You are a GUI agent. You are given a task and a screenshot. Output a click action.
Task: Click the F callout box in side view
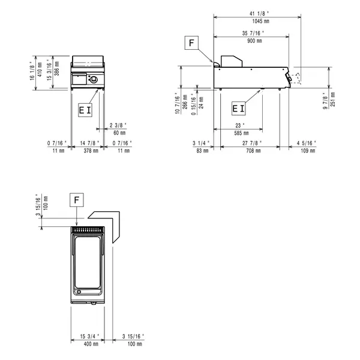pos(191,43)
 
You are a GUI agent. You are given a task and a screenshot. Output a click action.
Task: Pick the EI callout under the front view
pos(85,110)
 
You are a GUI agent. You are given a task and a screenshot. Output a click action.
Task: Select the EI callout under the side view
pos(238,108)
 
